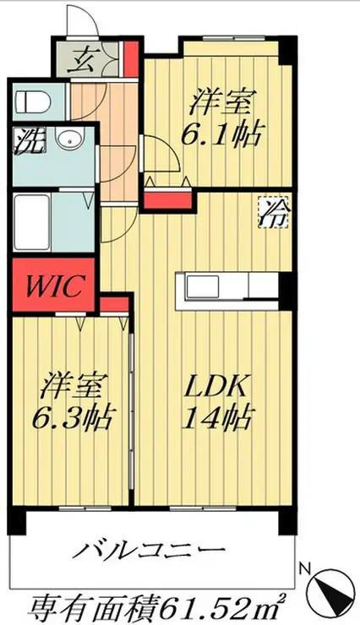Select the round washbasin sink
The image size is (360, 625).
70,140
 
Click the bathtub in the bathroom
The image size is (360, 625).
32,222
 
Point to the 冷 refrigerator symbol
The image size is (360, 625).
274,213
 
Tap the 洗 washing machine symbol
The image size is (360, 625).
29,141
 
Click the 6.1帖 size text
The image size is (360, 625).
221,134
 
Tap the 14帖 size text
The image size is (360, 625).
216,417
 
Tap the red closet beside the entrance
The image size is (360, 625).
130,59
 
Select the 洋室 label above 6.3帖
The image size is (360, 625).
74,386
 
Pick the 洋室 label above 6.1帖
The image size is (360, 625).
221,102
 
